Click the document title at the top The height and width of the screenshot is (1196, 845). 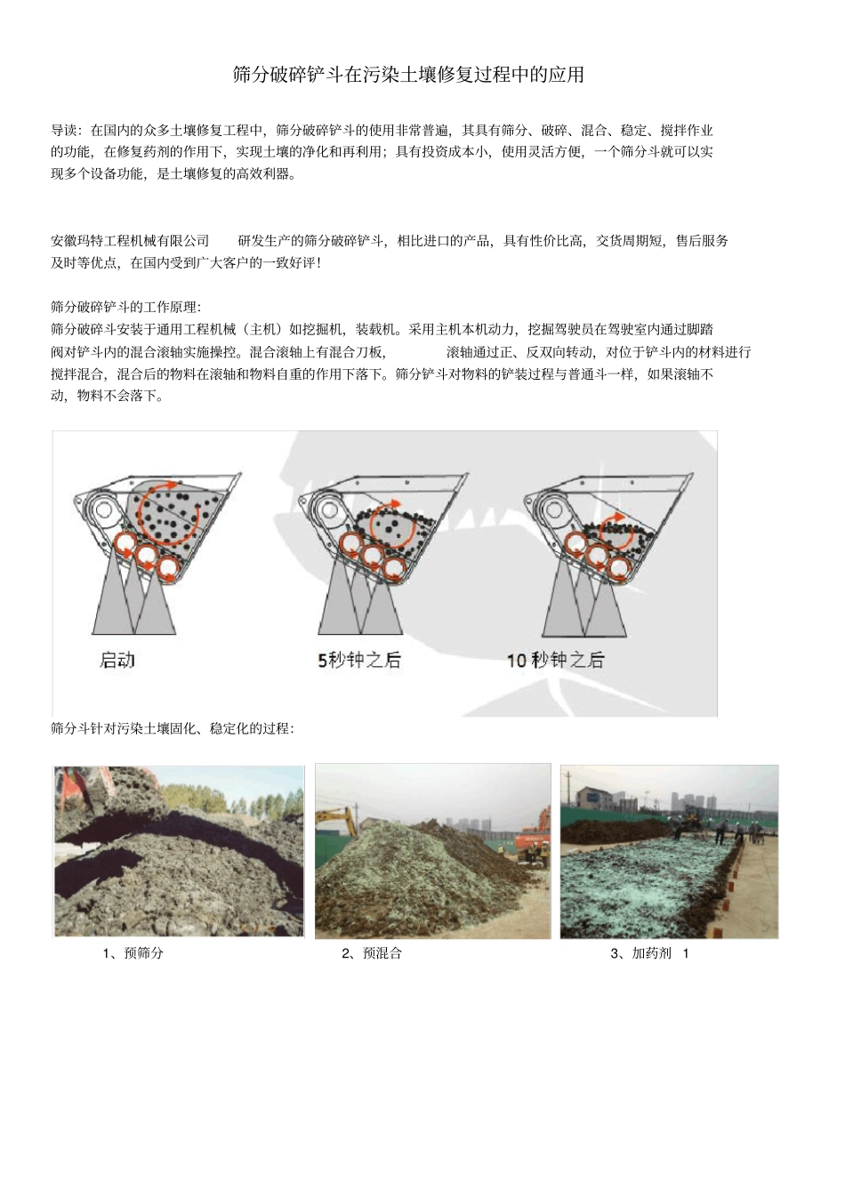(408, 75)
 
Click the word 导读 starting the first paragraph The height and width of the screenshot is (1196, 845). (65, 131)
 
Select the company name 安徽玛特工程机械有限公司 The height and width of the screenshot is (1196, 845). (130, 241)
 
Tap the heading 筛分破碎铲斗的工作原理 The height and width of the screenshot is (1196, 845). (126, 308)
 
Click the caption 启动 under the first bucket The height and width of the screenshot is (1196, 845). (117, 660)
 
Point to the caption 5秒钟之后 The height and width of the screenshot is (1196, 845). (359, 660)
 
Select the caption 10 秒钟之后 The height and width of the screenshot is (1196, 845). (555, 660)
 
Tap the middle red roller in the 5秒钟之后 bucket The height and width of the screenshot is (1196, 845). (372, 555)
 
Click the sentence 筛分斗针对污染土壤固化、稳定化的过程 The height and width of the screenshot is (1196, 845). (173, 728)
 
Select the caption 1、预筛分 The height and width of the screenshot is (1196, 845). (133, 953)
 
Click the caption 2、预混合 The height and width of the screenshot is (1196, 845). (372, 953)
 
